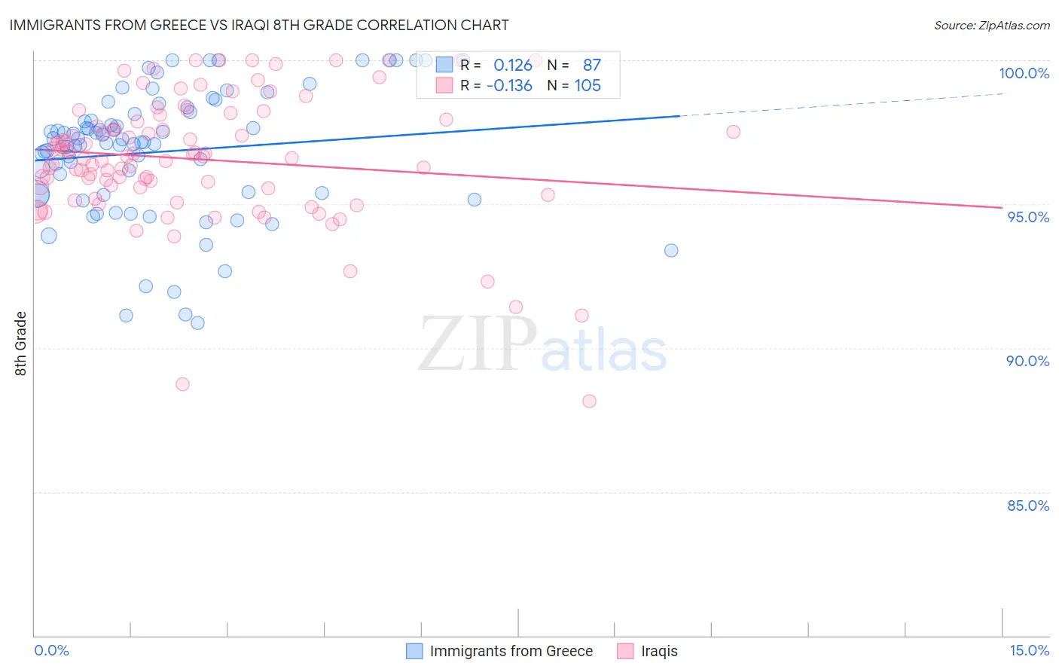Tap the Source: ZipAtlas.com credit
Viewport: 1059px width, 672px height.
[991, 25]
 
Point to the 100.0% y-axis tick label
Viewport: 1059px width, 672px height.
[1024, 73]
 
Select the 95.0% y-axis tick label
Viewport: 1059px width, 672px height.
[1028, 217]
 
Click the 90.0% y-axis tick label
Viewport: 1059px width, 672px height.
[1027, 361]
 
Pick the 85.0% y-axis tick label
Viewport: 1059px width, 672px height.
[1027, 506]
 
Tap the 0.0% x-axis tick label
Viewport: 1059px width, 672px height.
[51, 650]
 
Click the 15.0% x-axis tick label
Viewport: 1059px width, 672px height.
[1029, 650]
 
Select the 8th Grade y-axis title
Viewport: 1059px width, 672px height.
[21, 344]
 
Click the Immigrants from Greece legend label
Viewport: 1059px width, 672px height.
[511, 651]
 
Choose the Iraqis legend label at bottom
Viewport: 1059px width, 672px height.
[659, 651]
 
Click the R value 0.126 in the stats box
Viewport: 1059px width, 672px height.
[512, 66]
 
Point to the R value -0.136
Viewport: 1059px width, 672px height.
[509, 86]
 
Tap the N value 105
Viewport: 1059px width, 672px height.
[587, 86]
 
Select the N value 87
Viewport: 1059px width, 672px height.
[591, 66]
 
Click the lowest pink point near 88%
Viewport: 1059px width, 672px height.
[589, 401]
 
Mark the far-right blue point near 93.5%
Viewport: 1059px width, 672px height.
[671, 250]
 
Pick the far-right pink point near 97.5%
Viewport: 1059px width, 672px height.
[733, 132]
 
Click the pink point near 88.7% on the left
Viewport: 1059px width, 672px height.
[182, 384]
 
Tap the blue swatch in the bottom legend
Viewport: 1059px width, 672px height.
[414, 651]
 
